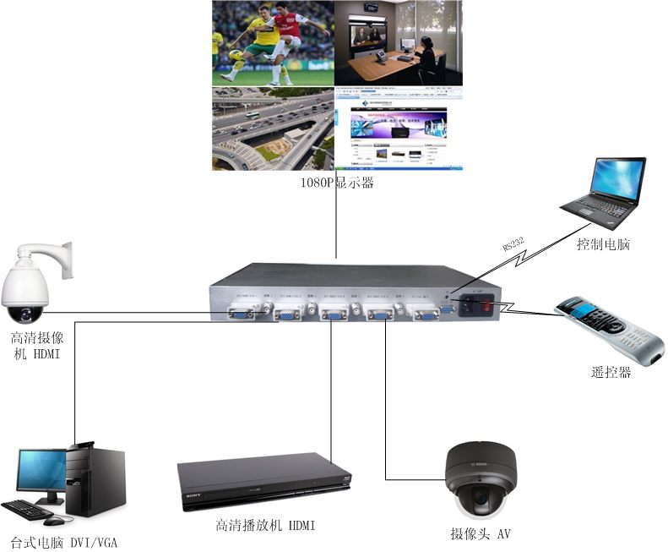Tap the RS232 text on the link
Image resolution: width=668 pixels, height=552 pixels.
[x=513, y=245]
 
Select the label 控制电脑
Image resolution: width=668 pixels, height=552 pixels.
[x=603, y=245]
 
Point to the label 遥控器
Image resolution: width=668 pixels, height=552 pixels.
[x=611, y=372]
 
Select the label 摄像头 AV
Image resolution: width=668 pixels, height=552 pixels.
[x=481, y=534]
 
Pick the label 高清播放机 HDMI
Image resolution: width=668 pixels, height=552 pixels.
[x=264, y=526]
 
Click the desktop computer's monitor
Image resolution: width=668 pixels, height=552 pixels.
[x=40, y=472]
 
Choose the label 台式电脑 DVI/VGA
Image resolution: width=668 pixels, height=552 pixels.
[x=63, y=542]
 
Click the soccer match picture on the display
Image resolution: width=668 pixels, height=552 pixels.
[x=272, y=42]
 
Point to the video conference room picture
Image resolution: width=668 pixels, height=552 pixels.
[x=399, y=42]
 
